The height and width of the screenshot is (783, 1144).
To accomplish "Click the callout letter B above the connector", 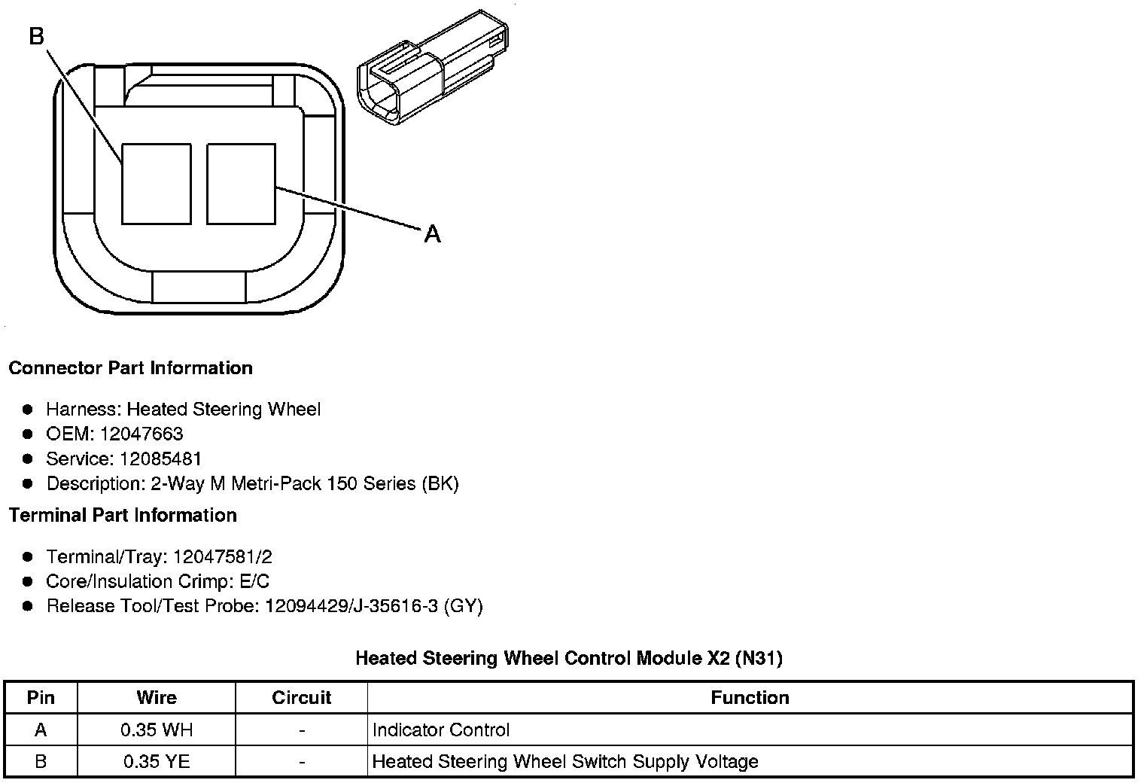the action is point(37,36).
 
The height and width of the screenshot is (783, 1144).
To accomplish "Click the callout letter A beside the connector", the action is point(432,234).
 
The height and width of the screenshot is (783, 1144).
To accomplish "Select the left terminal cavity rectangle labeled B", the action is point(157,184).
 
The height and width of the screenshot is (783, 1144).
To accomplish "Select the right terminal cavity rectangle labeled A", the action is point(241,184).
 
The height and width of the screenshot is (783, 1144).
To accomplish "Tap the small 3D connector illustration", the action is point(433,68).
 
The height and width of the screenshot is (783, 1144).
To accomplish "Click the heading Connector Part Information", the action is point(131,367).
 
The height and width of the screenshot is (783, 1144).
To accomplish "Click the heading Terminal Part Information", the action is point(123,515).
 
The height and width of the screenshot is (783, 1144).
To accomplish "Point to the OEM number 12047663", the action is point(141,434).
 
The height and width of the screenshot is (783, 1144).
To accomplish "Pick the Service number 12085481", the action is point(160,459).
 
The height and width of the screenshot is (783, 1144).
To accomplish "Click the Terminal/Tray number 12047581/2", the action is point(223,556).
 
